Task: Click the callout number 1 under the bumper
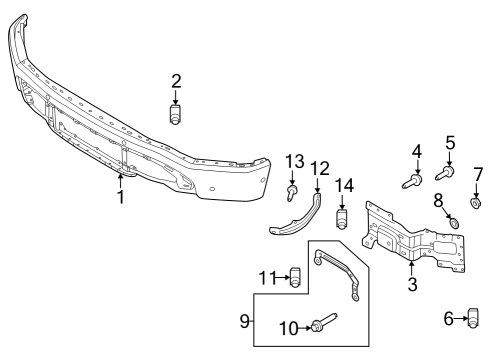[x=120, y=197]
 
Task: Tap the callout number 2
[x=176, y=80]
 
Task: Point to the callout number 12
[x=320, y=168]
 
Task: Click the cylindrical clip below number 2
[x=176, y=116]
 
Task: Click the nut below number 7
[x=477, y=204]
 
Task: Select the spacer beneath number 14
[x=343, y=217]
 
